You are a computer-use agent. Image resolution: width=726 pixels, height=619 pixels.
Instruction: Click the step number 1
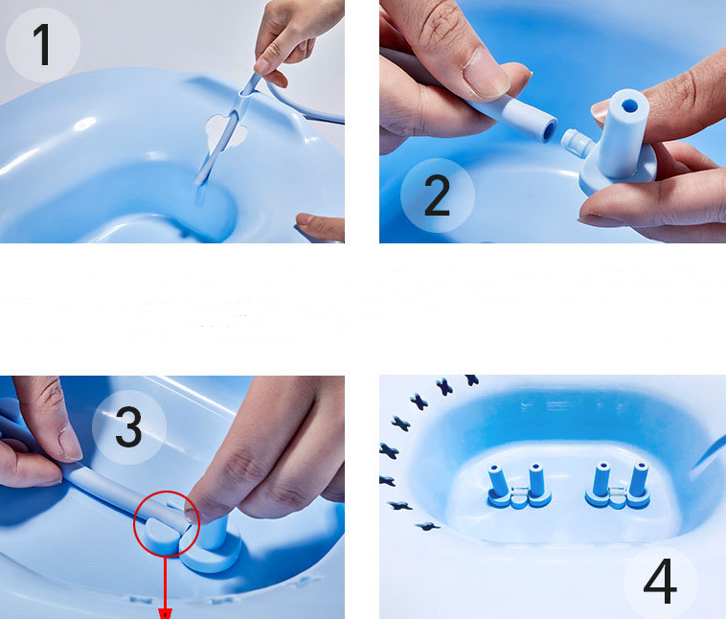[x=42, y=45]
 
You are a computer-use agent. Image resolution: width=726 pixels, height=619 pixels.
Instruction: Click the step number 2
[x=437, y=195]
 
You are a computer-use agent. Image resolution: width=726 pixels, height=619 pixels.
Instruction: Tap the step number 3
[x=128, y=426]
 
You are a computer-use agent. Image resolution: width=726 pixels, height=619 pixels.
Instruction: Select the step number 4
[x=660, y=581]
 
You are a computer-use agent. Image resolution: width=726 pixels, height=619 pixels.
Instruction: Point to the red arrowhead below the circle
[x=166, y=614]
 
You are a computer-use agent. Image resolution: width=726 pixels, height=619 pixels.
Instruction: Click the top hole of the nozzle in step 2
[x=628, y=105]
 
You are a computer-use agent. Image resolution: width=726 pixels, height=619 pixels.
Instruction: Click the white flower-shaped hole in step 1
[x=226, y=132]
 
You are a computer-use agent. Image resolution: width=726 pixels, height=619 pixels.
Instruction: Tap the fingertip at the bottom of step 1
[x=320, y=226]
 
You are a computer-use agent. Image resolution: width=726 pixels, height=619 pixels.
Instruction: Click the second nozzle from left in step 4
[x=536, y=482]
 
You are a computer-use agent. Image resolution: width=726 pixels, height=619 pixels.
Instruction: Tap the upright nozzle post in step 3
[x=214, y=532]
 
